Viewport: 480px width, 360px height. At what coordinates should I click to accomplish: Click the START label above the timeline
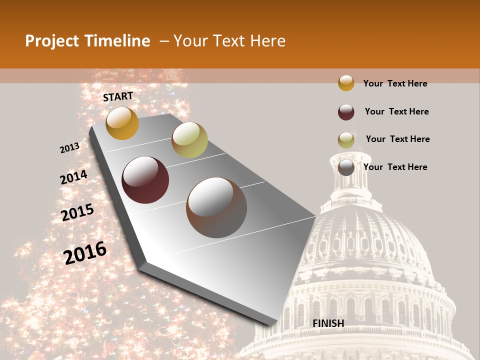(118, 96)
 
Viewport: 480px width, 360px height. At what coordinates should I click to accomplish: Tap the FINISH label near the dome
(328, 323)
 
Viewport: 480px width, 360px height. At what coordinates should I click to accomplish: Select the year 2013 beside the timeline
(69, 148)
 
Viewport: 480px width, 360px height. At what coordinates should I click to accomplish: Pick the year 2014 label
(73, 177)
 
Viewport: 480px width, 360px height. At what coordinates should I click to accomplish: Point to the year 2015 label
(77, 212)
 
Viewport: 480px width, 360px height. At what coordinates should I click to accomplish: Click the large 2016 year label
(85, 253)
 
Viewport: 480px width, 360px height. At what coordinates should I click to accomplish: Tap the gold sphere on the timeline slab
(122, 123)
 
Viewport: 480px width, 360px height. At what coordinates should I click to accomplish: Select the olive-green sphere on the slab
(189, 140)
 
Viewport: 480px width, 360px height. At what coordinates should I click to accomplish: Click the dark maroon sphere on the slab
(145, 180)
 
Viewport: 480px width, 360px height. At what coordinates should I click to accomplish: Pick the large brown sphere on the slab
(216, 207)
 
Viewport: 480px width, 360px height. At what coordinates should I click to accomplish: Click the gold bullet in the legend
(346, 83)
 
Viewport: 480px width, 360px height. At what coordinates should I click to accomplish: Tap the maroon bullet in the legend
(346, 112)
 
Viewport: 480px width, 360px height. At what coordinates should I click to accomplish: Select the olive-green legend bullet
(346, 140)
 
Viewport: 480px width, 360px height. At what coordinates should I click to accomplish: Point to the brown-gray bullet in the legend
(346, 167)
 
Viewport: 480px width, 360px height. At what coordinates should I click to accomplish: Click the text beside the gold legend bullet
(395, 83)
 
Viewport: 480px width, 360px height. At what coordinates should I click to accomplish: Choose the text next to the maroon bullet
(396, 111)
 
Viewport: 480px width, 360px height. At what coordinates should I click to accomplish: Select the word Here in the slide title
(267, 41)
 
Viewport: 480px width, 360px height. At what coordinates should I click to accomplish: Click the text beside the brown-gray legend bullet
(395, 167)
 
